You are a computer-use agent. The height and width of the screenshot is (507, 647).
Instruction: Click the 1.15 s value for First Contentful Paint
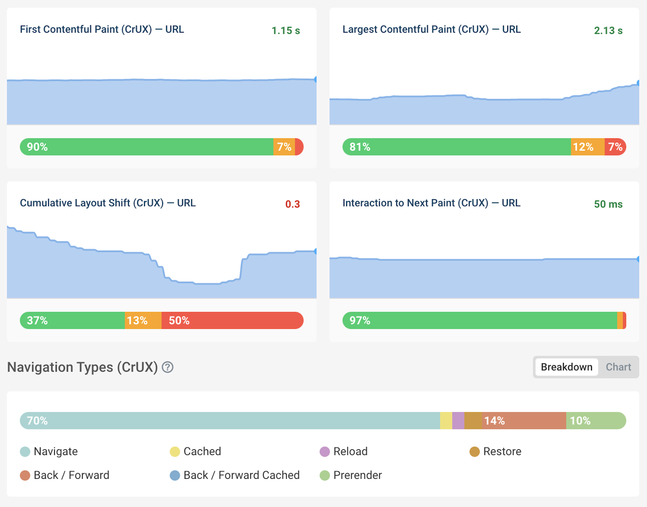pyautogui.click(x=286, y=31)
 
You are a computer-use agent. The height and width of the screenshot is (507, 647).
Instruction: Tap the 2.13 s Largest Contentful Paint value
pyautogui.click(x=608, y=31)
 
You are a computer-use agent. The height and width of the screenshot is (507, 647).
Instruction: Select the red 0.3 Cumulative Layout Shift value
pyautogui.click(x=292, y=204)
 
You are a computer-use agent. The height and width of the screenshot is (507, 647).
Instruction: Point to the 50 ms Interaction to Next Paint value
pyautogui.click(x=608, y=204)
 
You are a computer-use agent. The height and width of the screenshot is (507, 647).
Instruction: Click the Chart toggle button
pyautogui.click(x=618, y=367)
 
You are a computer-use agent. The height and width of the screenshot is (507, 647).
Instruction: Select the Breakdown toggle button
pyautogui.click(x=566, y=367)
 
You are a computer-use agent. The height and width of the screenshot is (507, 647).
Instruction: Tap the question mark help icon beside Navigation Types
pyautogui.click(x=168, y=367)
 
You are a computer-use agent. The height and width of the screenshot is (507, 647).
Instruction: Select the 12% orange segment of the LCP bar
pyautogui.click(x=587, y=147)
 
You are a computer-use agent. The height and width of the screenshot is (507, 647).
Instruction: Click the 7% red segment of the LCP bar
pyautogui.click(x=615, y=147)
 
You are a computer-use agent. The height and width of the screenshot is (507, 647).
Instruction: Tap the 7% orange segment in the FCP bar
pyautogui.click(x=284, y=147)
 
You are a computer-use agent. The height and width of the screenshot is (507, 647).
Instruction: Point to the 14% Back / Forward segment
pyautogui.click(x=524, y=421)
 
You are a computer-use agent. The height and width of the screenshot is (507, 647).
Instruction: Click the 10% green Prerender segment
pyautogui.click(x=595, y=421)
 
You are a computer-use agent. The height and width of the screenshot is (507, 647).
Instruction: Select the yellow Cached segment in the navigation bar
pyautogui.click(x=446, y=421)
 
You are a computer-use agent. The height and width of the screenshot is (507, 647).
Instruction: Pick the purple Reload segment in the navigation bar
pyautogui.click(x=458, y=421)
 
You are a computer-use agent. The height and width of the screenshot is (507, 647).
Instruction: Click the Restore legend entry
pyautogui.click(x=496, y=452)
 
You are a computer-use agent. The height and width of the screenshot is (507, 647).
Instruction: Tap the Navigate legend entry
pyautogui.click(x=49, y=452)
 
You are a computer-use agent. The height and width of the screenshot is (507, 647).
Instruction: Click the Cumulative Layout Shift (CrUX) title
pyautogui.click(x=107, y=203)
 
